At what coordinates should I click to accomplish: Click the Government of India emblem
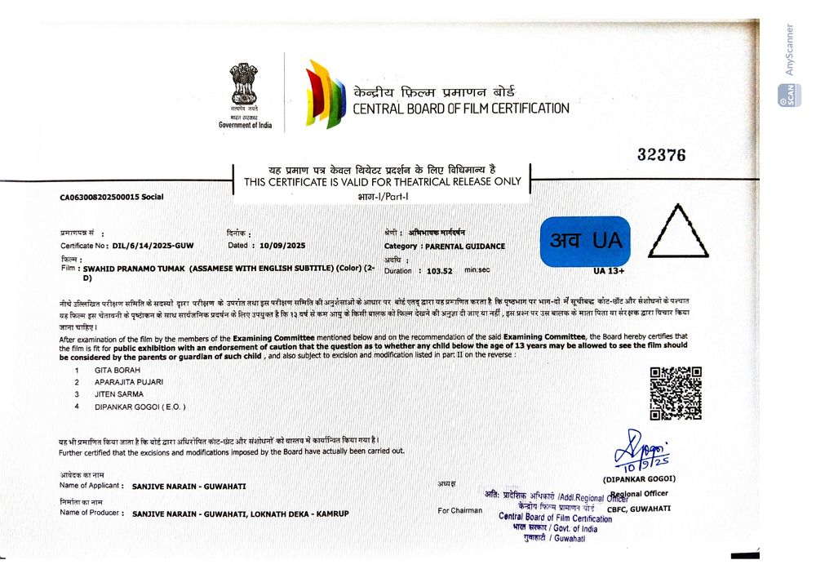coord(243,84)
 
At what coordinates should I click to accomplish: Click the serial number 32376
coord(661,154)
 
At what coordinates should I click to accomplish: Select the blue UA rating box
coord(585,242)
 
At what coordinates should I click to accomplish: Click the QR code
coord(675,393)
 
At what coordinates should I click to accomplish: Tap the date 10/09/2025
coord(282,245)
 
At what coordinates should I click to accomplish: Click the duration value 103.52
coord(439,270)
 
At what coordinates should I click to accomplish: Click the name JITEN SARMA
coord(119,394)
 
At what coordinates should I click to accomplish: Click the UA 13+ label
coord(611,270)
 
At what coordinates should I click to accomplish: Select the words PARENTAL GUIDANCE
coord(465,246)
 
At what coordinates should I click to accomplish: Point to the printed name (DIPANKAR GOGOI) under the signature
coord(639,478)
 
